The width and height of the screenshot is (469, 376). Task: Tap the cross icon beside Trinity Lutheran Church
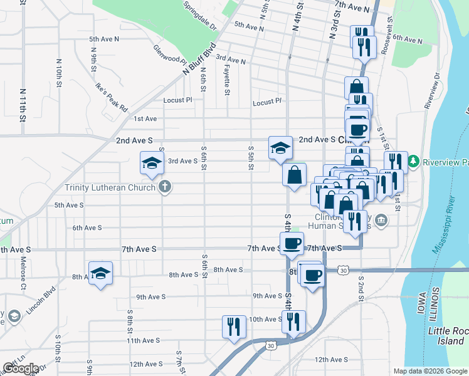pos(164,186)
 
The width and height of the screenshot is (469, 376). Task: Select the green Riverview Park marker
pos(414,162)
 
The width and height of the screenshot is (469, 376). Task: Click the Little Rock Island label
pos(446,335)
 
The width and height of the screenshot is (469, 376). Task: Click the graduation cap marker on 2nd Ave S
pos(280,147)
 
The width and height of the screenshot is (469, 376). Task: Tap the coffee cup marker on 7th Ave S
pos(291,243)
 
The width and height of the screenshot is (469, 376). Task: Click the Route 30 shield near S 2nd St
pos(342,270)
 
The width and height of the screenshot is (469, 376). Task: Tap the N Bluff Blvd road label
pos(200,59)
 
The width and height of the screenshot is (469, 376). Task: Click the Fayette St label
pos(226,82)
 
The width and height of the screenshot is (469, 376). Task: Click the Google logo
pos(21,368)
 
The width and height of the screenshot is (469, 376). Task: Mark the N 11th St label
pos(23,105)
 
